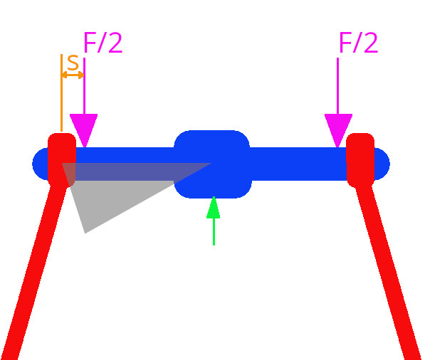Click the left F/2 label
click(103, 43)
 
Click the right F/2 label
click(358, 43)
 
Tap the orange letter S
click(73, 63)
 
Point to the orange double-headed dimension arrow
click(73, 75)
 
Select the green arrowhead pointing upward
click(214, 208)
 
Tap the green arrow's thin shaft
click(214, 232)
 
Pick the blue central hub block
click(212, 164)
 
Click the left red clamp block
click(62, 160)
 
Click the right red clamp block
click(360, 160)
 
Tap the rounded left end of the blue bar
click(40, 164)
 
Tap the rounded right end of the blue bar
click(382, 164)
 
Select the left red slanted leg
click(34, 271)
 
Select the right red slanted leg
click(388, 271)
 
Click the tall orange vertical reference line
click(61, 93)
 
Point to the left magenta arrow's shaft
click(84, 86)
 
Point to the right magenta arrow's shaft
click(337, 86)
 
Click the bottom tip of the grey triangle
click(85, 233)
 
